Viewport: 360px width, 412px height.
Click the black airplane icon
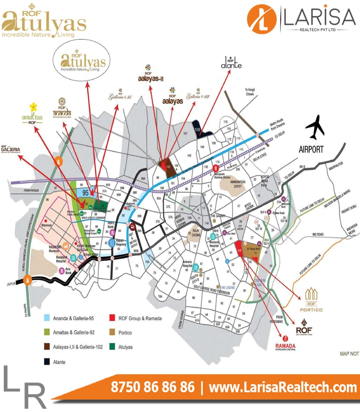tap(315, 127)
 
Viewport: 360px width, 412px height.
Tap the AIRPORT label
tap(311, 150)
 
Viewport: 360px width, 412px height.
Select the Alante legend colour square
tap(47, 361)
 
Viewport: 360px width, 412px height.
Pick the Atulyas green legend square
tap(112, 347)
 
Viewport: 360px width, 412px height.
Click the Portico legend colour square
tap(112, 333)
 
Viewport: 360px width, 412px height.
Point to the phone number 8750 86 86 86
tap(152, 388)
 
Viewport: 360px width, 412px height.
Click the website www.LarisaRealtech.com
tap(283, 388)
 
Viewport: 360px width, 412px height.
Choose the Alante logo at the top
tap(231, 63)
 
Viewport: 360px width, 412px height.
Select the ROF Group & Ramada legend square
tap(112, 318)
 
